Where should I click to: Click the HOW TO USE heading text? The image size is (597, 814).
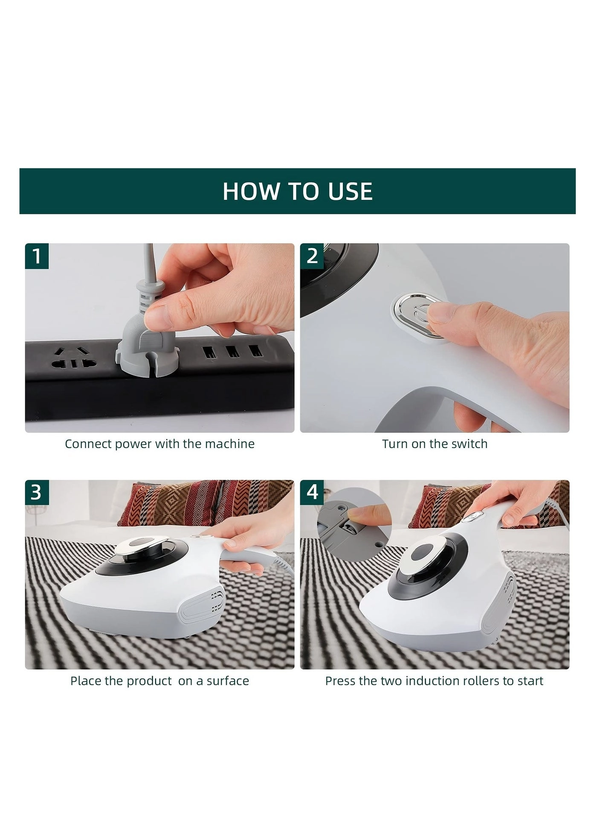[x=297, y=191]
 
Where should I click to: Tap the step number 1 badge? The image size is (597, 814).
[x=37, y=256]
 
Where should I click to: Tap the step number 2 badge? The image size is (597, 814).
[x=312, y=256]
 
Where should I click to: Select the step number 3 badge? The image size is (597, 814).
[x=37, y=492]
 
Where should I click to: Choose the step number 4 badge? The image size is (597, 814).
[x=312, y=492]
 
